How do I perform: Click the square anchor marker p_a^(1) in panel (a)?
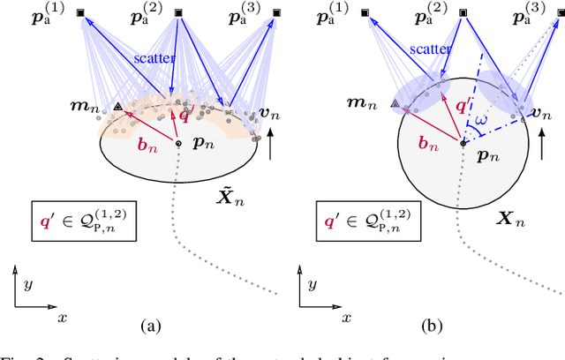click(81, 13)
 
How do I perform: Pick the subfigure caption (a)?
click(149, 326)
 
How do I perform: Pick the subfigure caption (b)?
click(434, 326)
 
